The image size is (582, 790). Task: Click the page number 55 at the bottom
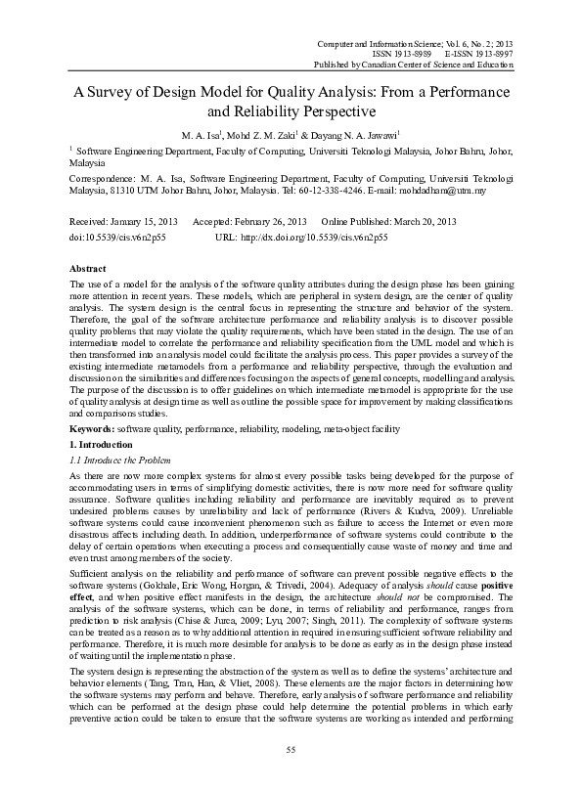(291, 749)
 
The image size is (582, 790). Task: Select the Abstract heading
(90, 268)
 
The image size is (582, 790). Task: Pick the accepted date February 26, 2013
(265, 221)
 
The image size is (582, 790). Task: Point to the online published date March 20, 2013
(401, 221)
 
